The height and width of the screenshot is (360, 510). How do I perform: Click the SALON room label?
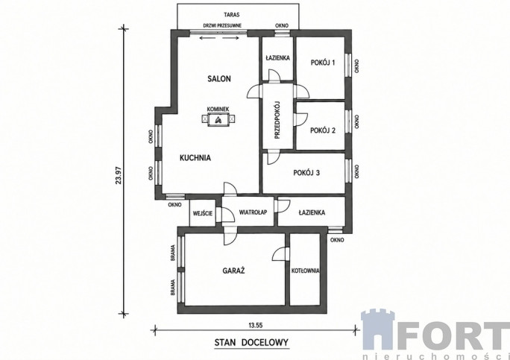[219, 79]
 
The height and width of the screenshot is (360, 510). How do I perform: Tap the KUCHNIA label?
[195, 158]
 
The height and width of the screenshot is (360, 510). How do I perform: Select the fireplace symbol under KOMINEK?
[218, 119]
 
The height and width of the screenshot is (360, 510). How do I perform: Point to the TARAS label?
[232, 15]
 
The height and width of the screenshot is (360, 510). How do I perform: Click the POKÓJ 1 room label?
[323, 63]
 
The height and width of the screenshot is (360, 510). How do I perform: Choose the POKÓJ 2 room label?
[323, 130]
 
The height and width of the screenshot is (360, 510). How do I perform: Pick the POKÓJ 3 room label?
[306, 173]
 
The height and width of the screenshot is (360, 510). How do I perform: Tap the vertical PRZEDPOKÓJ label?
[277, 120]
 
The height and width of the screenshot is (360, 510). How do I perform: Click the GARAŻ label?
[233, 271]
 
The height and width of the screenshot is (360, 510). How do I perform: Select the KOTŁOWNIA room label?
[306, 271]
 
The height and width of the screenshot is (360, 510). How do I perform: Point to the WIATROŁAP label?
[253, 212]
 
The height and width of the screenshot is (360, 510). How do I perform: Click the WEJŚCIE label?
[203, 213]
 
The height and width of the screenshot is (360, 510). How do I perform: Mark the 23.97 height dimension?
[119, 175]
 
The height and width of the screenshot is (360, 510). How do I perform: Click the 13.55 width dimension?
[255, 325]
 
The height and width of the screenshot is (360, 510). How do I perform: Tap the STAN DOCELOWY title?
[251, 342]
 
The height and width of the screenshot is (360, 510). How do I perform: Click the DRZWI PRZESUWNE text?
[222, 25]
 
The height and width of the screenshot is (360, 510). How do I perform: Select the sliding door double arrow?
[219, 38]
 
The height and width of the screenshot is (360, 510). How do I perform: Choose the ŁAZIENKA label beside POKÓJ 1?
[277, 58]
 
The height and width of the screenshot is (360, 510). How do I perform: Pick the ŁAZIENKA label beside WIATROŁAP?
[312, 212]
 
